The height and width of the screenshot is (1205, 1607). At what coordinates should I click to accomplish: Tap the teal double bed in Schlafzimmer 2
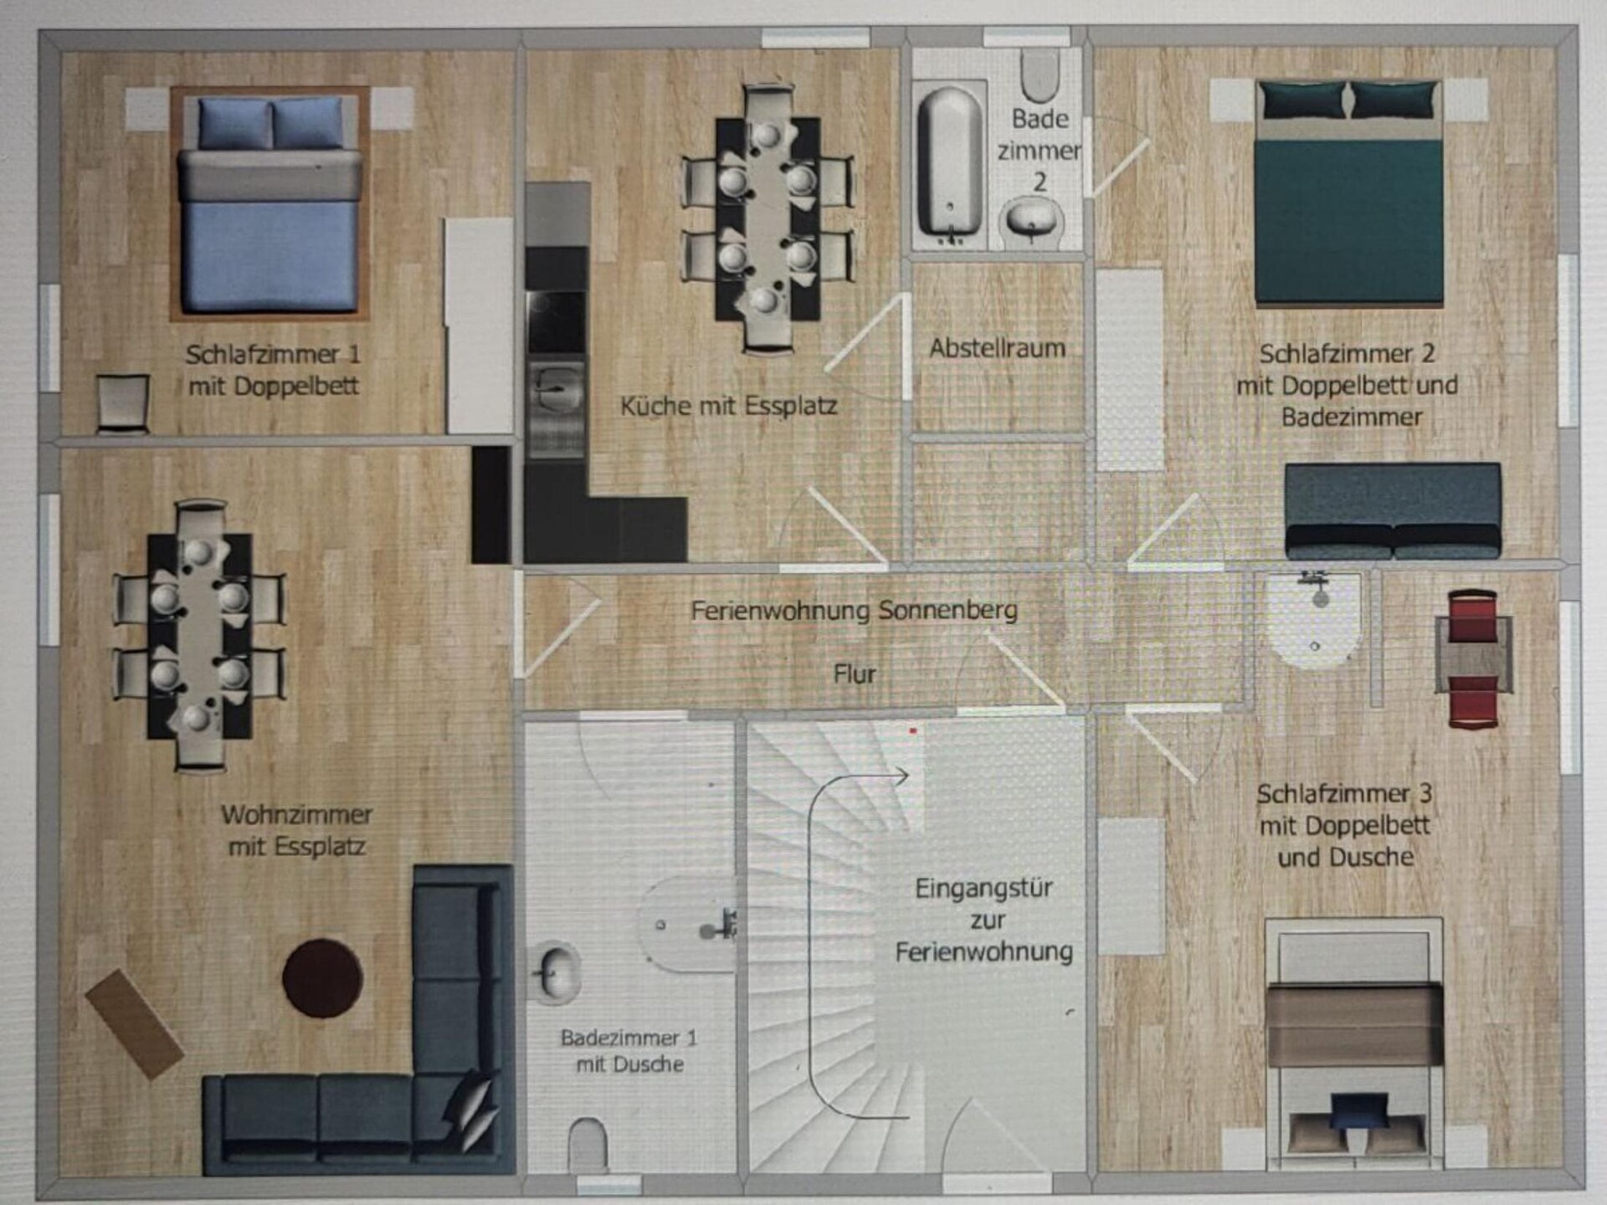1349,192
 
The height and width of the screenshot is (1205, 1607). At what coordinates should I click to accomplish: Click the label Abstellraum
998,348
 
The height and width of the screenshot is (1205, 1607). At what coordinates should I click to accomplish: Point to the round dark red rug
322,978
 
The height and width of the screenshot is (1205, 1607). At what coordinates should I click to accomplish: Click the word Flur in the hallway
855,674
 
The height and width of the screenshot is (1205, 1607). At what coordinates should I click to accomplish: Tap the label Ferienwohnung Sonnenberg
855,610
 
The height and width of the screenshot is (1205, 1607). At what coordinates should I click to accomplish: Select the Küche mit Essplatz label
728,406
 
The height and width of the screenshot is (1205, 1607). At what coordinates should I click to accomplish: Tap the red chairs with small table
1473,659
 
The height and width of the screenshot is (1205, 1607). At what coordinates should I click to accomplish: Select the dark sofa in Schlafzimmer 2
1393,510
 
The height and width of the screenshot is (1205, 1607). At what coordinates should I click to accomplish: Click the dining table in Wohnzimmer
199,635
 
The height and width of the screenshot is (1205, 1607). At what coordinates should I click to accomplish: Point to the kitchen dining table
767,218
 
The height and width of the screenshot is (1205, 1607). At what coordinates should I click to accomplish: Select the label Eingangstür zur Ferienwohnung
984,920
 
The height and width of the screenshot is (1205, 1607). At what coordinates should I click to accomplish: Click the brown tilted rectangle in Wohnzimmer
135,1023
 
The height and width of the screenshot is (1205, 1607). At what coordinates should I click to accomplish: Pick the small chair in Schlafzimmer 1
124,403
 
